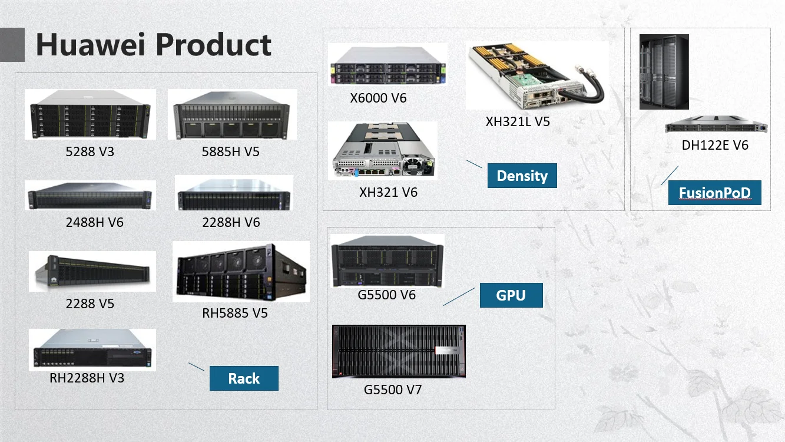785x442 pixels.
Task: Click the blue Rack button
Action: tap(244, 378)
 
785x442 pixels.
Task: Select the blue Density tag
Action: tap(522, 176)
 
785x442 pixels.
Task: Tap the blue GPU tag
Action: tap(511, 295)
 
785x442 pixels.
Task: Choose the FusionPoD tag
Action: tap(714, 193)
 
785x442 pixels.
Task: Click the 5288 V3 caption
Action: tap(90, 152)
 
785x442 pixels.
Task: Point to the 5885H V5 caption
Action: tap(231, 152)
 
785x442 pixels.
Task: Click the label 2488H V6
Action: tap(95, 223)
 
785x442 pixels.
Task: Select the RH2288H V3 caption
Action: tap(87, 378)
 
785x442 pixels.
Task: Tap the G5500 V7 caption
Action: tap(393, 390)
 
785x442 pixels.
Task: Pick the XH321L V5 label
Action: tap(518, 122)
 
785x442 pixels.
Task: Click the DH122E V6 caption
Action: tap(715, 145)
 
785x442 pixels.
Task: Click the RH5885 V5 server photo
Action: tap(241, 271)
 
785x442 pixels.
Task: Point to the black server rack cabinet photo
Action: tap(664, 71)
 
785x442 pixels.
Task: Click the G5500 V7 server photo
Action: tap(399, 351)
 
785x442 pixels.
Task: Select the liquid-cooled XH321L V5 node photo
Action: tap(536, 75)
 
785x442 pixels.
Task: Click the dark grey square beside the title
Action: tap(12, 45)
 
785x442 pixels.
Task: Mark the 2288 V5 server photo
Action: tap(92, 271)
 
